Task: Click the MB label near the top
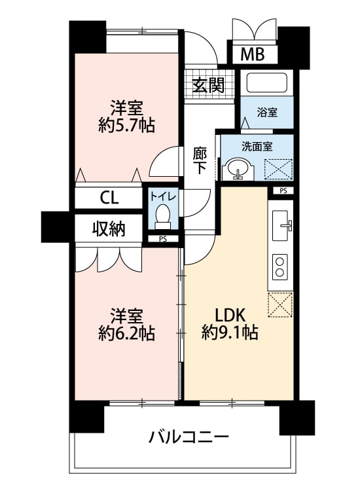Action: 252,54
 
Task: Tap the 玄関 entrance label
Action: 208,85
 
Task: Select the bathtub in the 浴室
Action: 267,82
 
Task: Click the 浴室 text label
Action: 267,112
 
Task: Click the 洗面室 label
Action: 257,146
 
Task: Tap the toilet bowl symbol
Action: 162,217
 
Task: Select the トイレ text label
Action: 163,196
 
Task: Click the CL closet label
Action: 109,198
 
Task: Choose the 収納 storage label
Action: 109,229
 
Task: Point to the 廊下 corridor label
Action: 200,160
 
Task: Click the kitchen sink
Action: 281,225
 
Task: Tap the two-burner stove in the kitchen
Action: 280,267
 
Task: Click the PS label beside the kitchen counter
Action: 283,191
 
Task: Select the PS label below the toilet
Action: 162,239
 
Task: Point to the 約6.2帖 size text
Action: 126,333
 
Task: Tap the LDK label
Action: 229,316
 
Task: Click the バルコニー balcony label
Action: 189,437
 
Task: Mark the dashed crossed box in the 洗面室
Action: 278,170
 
